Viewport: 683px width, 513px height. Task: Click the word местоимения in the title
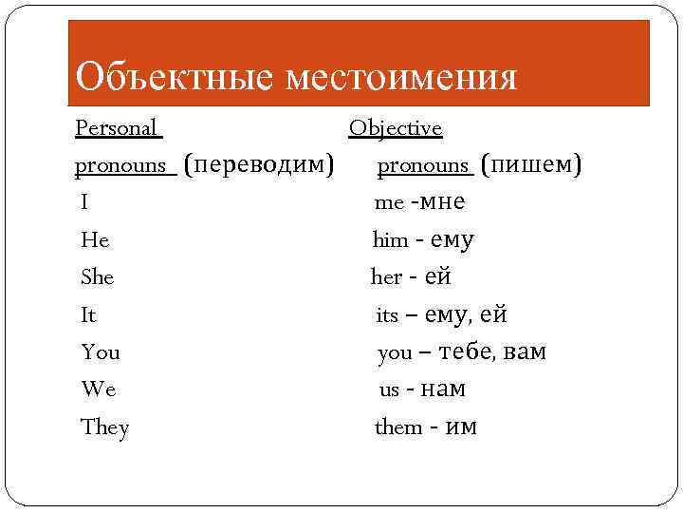point(402,76)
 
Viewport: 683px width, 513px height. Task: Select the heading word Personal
point(118,127)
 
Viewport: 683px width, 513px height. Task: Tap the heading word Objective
point(396,127)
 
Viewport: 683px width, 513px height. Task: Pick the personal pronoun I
point(85,202)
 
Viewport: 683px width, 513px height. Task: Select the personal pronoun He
point(95,240)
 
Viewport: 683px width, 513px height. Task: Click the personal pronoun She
point(98,277)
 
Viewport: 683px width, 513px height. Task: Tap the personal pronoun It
point(89,314)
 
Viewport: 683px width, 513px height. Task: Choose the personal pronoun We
point(99,389)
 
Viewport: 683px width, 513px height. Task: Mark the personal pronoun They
point(105,427)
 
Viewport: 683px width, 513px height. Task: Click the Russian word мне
point(441,201)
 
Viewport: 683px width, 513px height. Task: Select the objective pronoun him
point(389,240)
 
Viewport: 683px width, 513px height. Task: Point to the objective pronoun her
point(386,277)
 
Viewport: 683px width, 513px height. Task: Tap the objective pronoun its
point(387,315)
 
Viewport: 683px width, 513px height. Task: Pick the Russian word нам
point(442,389)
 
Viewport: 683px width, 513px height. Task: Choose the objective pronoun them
point(398,427)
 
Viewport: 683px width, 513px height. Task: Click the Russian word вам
point(525,352)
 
